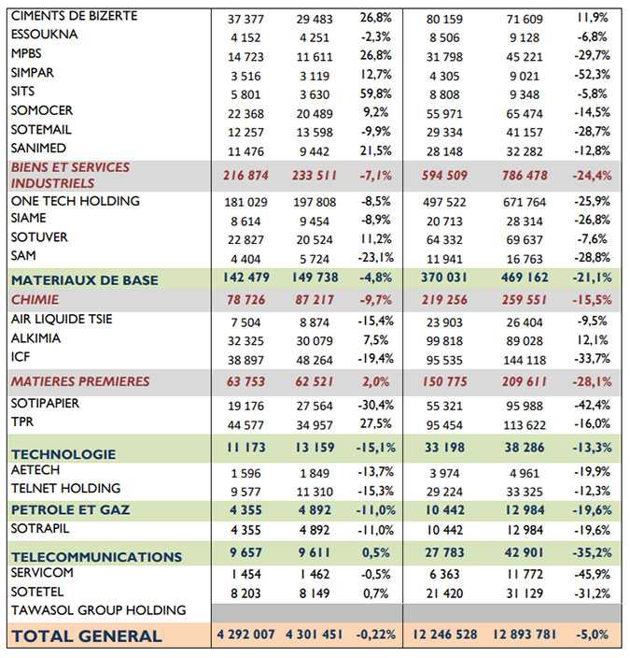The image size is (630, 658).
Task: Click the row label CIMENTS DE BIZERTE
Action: coord(74,16)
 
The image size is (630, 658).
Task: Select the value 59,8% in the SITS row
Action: coord(375,93)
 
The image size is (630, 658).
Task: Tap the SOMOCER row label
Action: coord(41,110)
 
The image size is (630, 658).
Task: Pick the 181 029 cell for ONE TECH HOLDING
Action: coord(245,202)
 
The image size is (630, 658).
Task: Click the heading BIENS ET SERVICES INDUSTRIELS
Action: coord(70,176)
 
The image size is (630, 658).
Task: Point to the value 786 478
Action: coord(525,175)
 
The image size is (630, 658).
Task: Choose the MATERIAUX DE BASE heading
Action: coord(85,279)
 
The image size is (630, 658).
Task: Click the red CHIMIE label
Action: coord(35,300)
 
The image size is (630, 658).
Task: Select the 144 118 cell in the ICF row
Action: coord(525,360)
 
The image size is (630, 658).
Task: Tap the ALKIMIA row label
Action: coord(35,338)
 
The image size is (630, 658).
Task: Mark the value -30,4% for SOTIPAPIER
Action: coord(375,406)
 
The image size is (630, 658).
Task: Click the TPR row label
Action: coord(21,422)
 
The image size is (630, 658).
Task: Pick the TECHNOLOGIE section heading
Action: coord(63,454)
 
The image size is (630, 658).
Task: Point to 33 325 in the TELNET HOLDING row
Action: coord(525,492)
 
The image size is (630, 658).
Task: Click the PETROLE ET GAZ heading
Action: coord(71,510)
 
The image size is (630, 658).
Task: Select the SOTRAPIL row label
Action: coord(40,528)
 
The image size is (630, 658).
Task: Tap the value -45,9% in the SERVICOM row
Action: coord(593,574)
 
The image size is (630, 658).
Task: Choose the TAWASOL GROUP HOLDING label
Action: coord(99,609)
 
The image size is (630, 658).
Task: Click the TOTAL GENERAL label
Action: coord(87,637)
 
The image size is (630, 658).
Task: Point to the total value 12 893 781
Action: coord(525,634)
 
